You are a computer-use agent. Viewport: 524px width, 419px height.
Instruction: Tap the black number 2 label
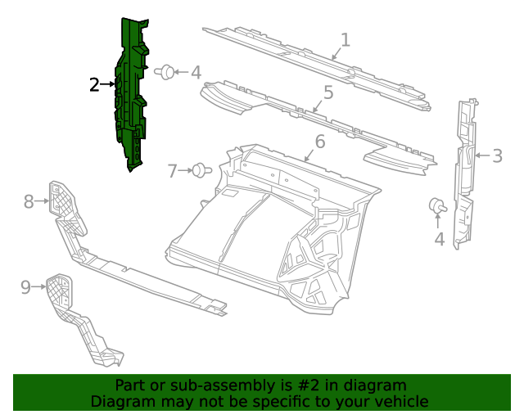[x=95, y=84]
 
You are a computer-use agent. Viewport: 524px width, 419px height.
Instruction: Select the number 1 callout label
[x=346, y=39]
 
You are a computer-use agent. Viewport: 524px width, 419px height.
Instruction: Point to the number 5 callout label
[x=328, y=92]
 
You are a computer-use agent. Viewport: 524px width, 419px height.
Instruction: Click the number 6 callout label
[x=320, y=142]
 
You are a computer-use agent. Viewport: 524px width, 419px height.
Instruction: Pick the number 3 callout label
[x=498, y=155]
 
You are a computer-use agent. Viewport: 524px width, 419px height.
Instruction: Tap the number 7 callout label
[x=173, y=171]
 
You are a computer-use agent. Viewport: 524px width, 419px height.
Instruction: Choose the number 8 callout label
[x=29, y=200]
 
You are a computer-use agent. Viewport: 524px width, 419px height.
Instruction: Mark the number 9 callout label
[x=25, y=286]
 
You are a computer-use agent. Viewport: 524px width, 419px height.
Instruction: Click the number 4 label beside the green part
[x=196, y=73]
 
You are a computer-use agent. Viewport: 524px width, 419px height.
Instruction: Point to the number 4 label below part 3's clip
[x=440, y=239]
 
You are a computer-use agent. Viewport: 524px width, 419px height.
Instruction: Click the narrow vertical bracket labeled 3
[x=465, y=172]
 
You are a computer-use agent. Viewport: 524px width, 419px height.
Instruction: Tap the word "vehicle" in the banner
[x=399, y=401]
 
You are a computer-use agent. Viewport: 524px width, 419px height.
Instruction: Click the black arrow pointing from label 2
[x=108, y=84]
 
